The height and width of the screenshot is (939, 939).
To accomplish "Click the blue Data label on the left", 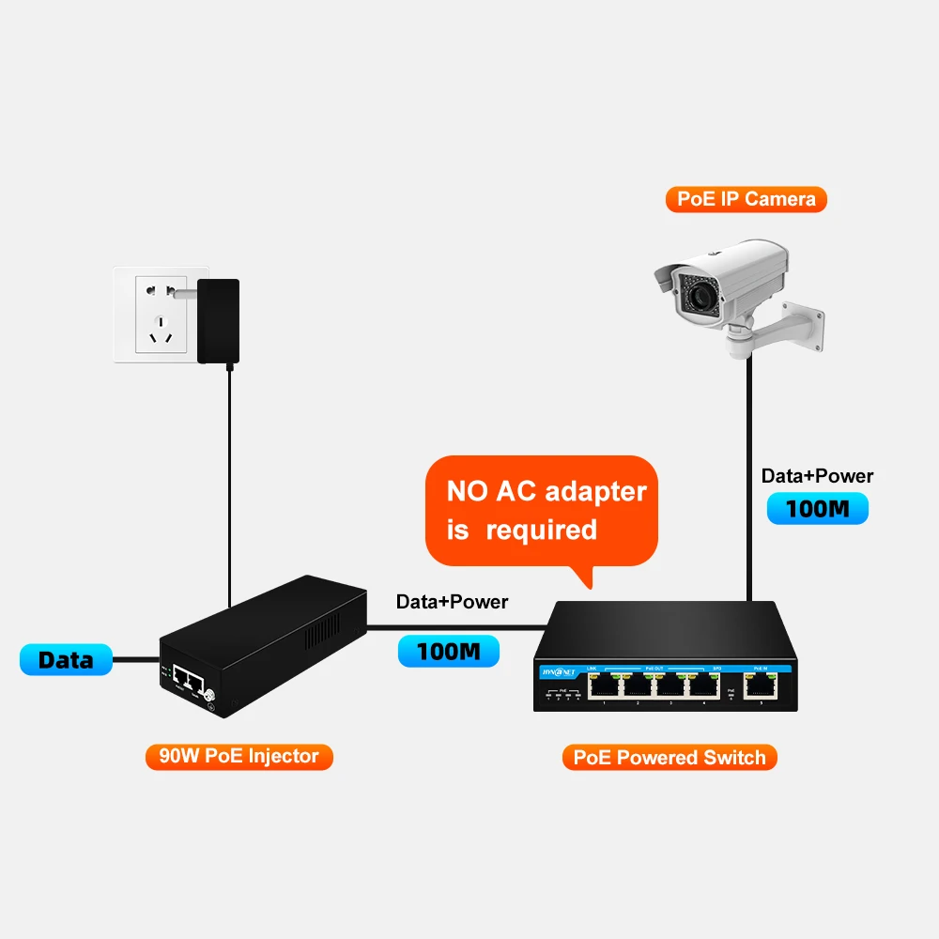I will click(66, 659).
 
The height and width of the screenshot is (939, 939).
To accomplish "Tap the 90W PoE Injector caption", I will click(239, 756).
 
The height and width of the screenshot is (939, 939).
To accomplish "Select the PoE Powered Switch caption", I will click(670, 757).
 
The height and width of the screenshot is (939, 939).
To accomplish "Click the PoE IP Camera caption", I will click(747, 199).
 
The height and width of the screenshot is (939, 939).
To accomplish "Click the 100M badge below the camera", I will click(817, 509).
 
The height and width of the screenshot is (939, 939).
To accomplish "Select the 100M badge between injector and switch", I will click(449, 651).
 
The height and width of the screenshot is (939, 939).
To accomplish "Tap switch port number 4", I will click(702, 685).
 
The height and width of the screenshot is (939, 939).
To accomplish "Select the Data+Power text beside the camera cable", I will click(817, 476).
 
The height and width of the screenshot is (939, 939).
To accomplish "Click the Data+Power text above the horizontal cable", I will click(452, 602).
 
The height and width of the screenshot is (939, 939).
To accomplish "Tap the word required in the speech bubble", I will click(541, 530).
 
